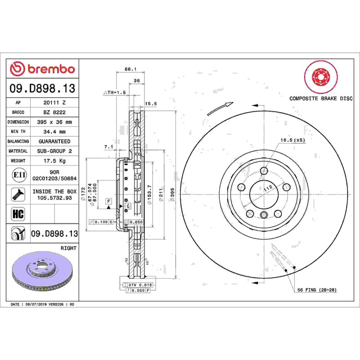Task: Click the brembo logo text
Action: point(51,69)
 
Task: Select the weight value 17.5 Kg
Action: point(54,161)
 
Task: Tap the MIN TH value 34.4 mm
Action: point(54,131)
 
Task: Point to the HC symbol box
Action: point(18,214)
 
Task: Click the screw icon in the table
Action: point(18,194)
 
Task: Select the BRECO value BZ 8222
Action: point(54,112)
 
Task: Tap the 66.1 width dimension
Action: point(130,69)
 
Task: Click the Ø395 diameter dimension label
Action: point(172,195)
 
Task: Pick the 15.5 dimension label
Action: point(151,104)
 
